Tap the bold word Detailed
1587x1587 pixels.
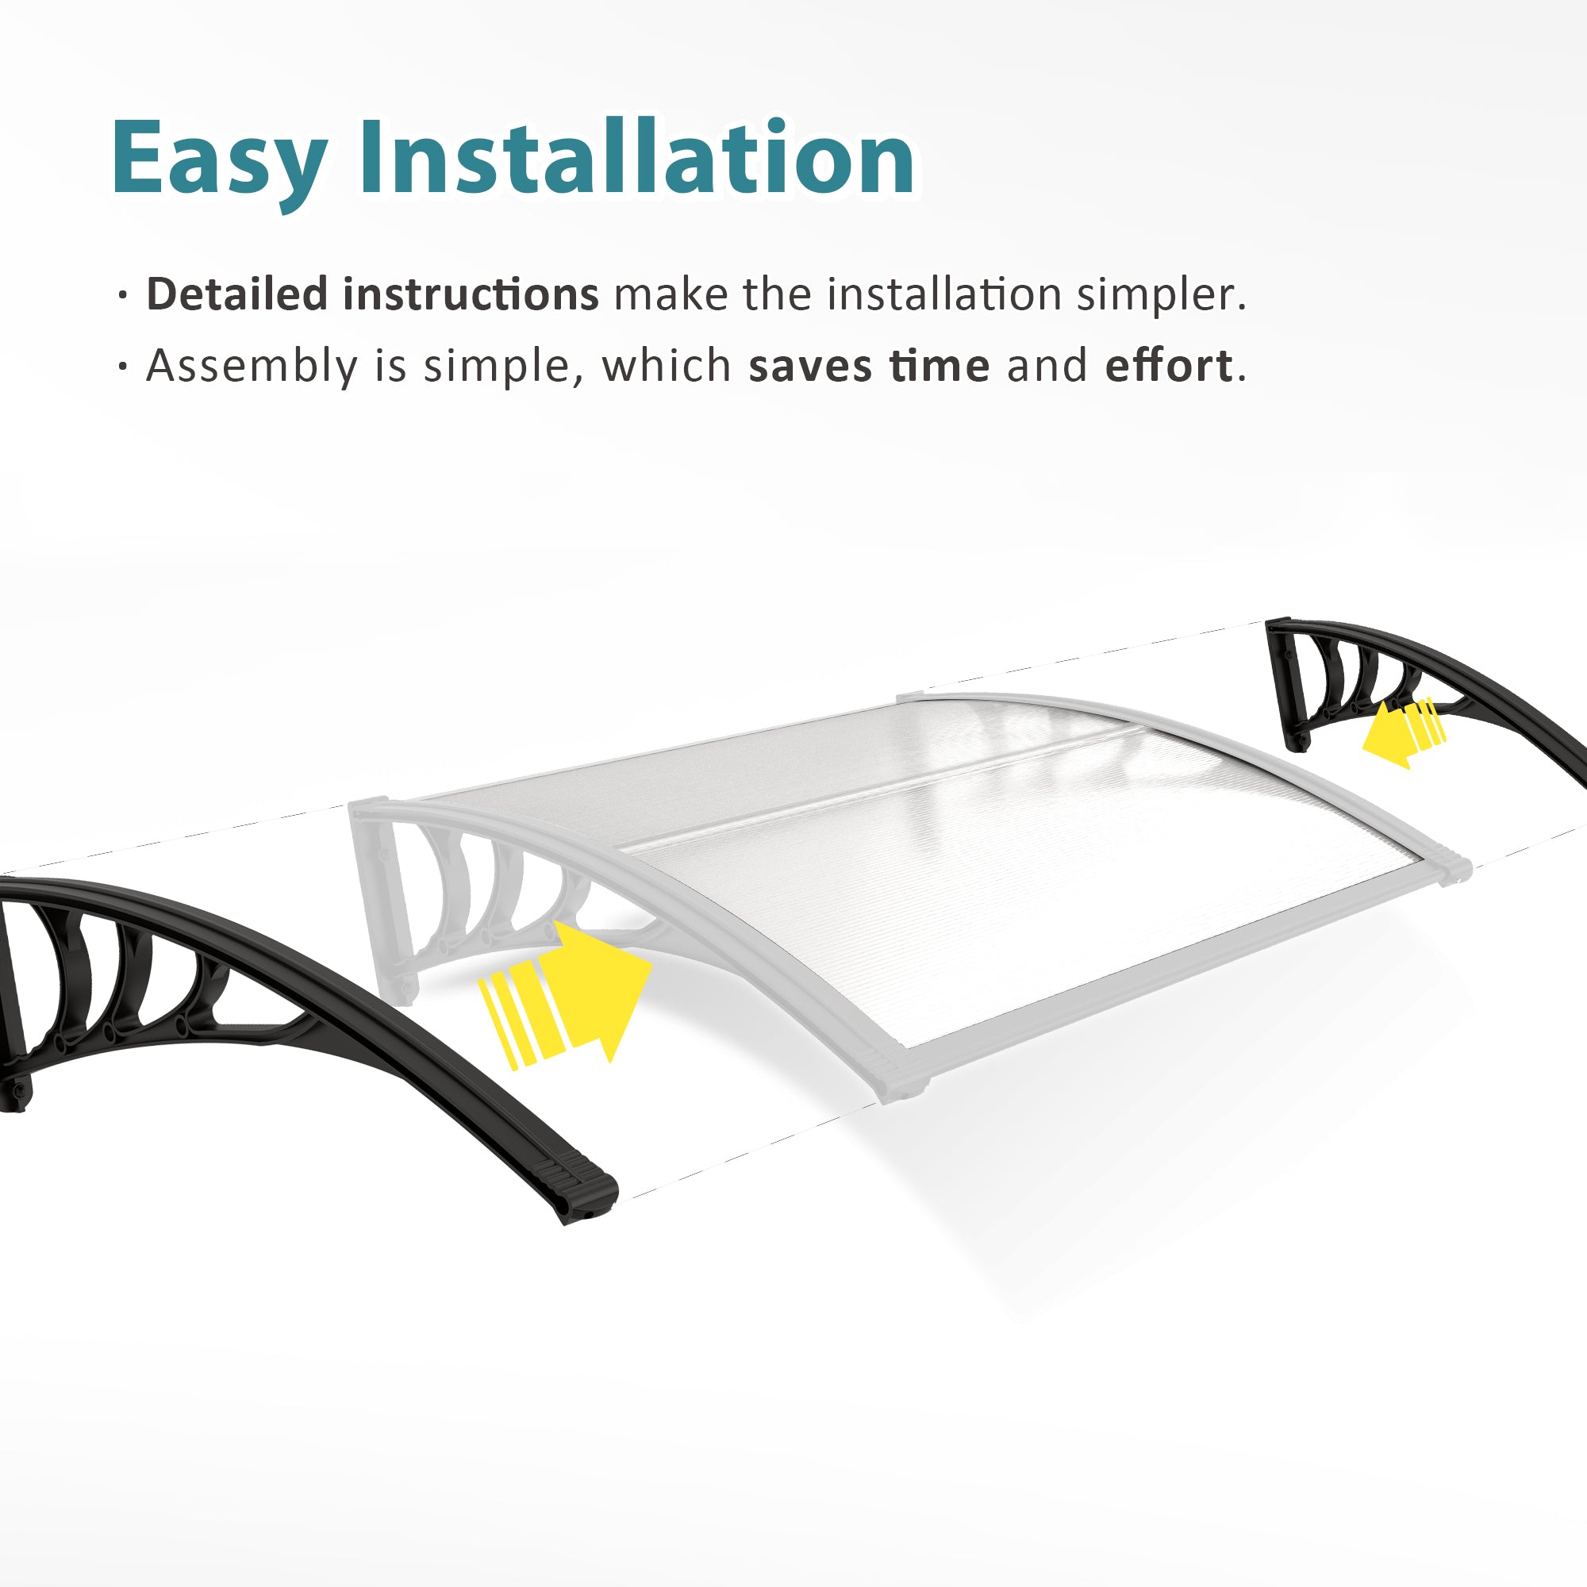(x=237, y=294)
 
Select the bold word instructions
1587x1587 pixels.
(x=471, y=294)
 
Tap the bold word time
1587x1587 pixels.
(x=939, y=366)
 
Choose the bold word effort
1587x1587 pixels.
(x=1168, y=365)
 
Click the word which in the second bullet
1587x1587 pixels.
(x=667, y=365)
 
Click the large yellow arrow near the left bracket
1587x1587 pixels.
(x=566, y=995)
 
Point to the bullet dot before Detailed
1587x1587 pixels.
(x=123, y=296)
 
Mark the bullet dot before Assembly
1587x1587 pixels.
(x=123, y=367)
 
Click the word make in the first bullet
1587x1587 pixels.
(x=671, y=294)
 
